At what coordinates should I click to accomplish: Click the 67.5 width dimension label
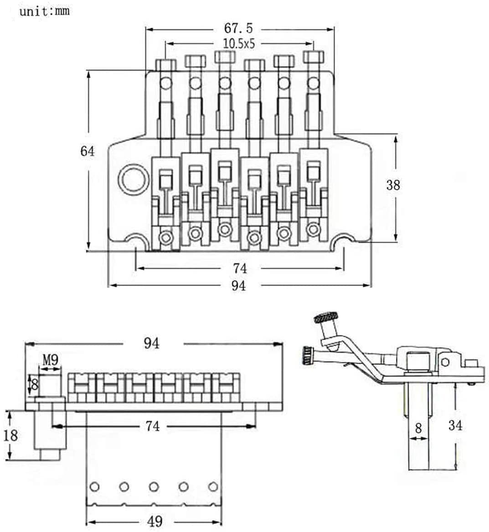(238, 29)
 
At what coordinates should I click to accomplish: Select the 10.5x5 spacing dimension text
(238, 44)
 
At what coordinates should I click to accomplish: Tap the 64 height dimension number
(88, 151)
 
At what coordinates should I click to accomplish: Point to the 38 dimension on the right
(392, 185)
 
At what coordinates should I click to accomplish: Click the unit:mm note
(45, 11)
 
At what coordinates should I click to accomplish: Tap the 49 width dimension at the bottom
(154, 521)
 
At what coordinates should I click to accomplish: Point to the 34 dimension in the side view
(455, 426)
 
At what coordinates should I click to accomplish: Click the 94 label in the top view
(238, 286)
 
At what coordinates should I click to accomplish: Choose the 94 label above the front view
(151, 344)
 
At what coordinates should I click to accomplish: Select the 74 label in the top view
(240, 268)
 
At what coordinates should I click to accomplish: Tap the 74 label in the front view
(153, 426)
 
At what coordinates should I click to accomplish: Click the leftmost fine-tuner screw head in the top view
(165, 64)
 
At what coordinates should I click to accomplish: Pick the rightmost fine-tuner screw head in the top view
(313, 57)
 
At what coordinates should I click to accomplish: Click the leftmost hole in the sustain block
(94, 486)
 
